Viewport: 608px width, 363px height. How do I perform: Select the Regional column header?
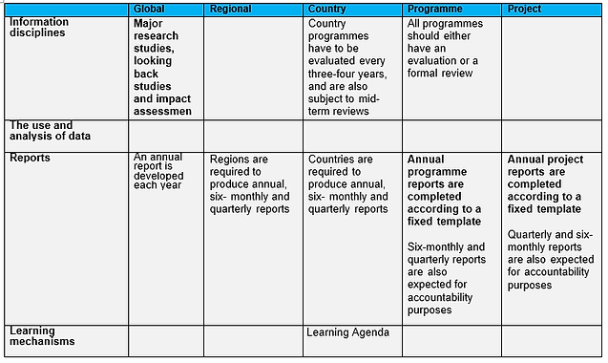pos(232,9)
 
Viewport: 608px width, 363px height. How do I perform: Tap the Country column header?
pos(326,9)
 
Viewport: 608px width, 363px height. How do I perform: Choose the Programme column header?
pos(435,9)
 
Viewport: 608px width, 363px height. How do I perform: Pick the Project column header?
pos(524,9)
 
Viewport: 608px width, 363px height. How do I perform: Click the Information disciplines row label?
pos(40,28)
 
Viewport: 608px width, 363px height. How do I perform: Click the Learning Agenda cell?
pos(348,332)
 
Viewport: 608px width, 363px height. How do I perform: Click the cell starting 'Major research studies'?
pos(163,66)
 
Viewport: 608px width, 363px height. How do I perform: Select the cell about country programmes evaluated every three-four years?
pos(350,66)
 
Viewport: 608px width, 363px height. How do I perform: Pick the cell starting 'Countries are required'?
pos(348,183)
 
